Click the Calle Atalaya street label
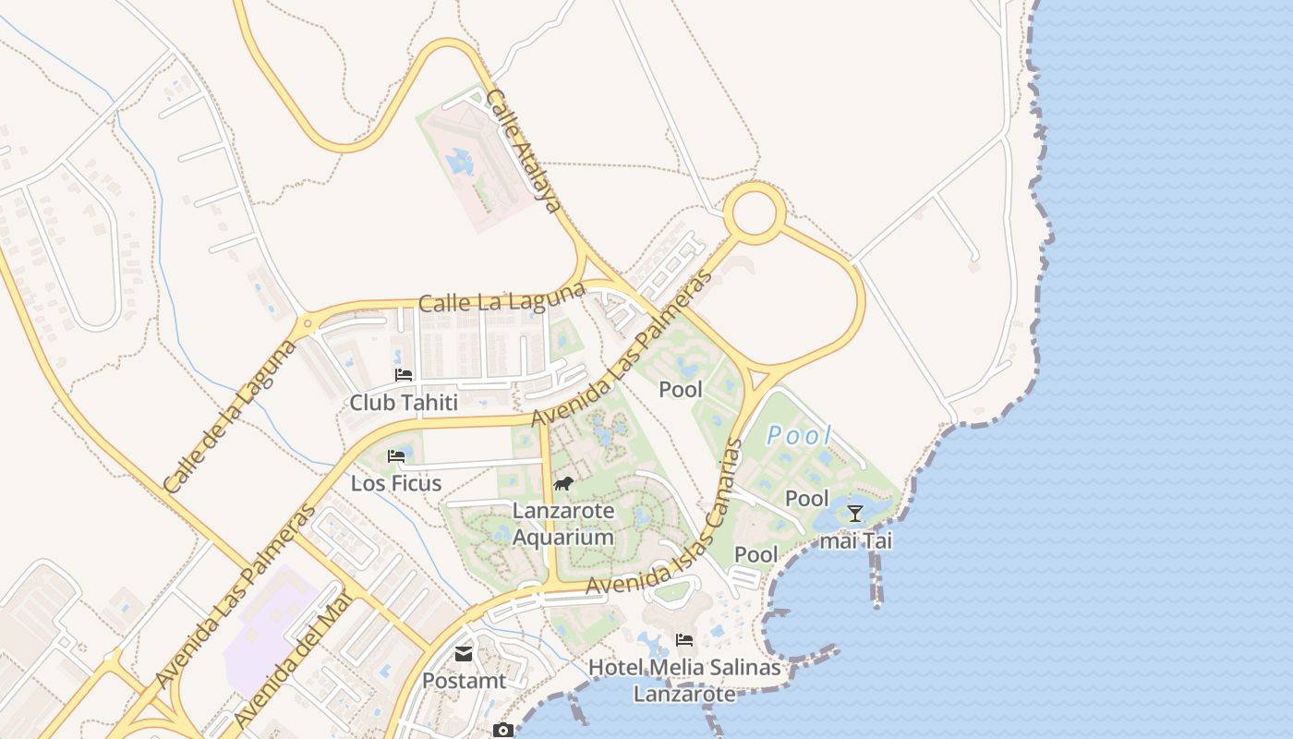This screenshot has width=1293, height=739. tap(524, 151)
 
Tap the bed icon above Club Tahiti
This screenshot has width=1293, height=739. tap(404, 375)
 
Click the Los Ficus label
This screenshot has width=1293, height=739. tap(396, 483)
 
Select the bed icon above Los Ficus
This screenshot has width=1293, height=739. tap(396, 456)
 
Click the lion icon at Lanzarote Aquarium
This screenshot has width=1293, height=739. tap(563, 484)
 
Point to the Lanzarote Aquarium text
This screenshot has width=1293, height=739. tap(563, 524)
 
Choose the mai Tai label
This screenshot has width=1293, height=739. tap(856, 541)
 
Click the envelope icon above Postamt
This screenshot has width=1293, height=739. tap(464, 654)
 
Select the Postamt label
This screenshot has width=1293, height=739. tap(465, 681)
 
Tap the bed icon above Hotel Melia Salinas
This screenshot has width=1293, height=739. tap(684, 639)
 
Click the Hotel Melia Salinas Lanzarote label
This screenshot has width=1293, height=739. tap(684, 680)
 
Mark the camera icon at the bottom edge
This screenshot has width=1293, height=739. tap(502, 731)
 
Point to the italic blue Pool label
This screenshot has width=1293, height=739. tap(799, 435)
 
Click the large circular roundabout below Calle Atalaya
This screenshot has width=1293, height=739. tap(755, 213)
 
